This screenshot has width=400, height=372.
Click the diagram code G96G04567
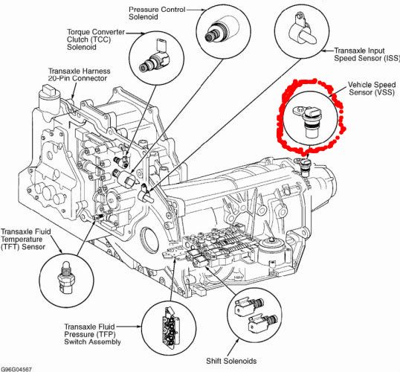16,368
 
